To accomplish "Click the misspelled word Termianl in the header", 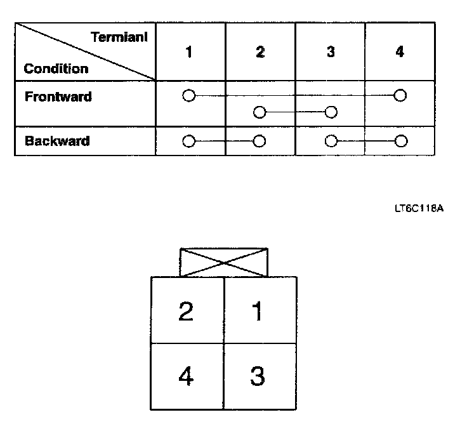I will tap(120, 37).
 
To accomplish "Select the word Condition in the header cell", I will tap(56, 69).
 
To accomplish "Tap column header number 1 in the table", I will tap(188, 52).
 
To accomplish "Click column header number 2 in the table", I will tap(260, 52).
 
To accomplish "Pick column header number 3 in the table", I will tap(331, 52).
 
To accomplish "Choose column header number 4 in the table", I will tap(399, 52).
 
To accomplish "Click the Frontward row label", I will tap(58, 97).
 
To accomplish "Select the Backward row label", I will tap(57, 141).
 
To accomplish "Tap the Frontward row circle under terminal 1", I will tap(188, 96).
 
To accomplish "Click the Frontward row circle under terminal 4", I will tap(400, 96).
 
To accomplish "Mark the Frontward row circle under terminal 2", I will tap(259, 113).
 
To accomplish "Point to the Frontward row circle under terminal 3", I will tap(331, 113).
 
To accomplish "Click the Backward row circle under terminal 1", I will tap(188, 141).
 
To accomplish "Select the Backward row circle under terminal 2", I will tap(259, 141).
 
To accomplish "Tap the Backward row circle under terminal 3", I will tap(331, 141).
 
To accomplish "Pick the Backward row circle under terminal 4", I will tap(400, 141).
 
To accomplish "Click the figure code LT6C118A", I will tap(418, 208).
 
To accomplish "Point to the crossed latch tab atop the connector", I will tap(224, 262).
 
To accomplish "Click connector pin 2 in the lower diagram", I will tap(186, 312).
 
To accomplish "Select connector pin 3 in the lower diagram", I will tap(257, 377).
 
